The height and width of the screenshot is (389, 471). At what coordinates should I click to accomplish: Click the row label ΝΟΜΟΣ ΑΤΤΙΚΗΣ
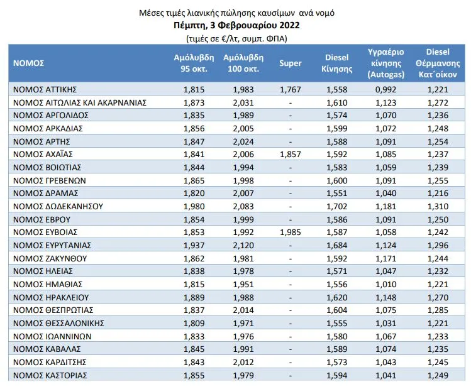[45, 89]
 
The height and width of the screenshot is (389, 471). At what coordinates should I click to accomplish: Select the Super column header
[290, 63]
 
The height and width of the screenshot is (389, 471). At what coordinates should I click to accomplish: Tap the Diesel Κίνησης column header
[336, 63]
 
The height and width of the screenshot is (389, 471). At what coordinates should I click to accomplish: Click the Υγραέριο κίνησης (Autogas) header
[386, 63]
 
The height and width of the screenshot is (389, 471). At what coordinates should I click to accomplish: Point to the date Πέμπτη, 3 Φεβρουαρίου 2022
[236, 25]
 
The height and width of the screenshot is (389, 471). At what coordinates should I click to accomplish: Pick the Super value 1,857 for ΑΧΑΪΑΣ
[290, 154]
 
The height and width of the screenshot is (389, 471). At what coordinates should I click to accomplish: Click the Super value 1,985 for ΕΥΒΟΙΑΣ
[290, 232]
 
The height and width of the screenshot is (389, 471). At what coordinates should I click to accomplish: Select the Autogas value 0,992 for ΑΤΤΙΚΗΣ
[386, 89]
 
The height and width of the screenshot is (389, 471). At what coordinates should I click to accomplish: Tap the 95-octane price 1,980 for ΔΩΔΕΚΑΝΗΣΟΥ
[194, 207]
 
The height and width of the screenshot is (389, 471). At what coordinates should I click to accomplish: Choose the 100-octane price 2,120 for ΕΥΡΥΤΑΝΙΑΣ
[243, 245]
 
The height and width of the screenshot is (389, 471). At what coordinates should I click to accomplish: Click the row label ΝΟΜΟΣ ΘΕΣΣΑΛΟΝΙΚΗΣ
[58, 323]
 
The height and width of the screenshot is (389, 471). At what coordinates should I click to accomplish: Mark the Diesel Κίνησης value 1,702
[336, 207]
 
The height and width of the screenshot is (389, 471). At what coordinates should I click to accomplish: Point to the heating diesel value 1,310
[438, 207]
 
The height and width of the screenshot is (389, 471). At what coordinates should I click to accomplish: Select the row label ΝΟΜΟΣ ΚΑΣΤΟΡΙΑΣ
[50, 375]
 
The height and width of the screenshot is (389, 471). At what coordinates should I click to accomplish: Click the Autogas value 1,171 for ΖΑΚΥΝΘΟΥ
[386, 258]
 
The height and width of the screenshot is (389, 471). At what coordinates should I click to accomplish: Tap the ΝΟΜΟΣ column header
[28, 63]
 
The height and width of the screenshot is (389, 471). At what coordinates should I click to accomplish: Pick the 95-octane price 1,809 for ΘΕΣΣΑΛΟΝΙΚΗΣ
[194, 323]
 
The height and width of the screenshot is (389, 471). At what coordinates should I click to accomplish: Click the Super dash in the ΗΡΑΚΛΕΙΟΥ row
[290, 298]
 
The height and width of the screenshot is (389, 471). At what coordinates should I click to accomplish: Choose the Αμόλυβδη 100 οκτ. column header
[243, 63]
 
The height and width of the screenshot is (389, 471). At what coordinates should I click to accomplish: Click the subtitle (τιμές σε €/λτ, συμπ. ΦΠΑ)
[236, 39]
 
